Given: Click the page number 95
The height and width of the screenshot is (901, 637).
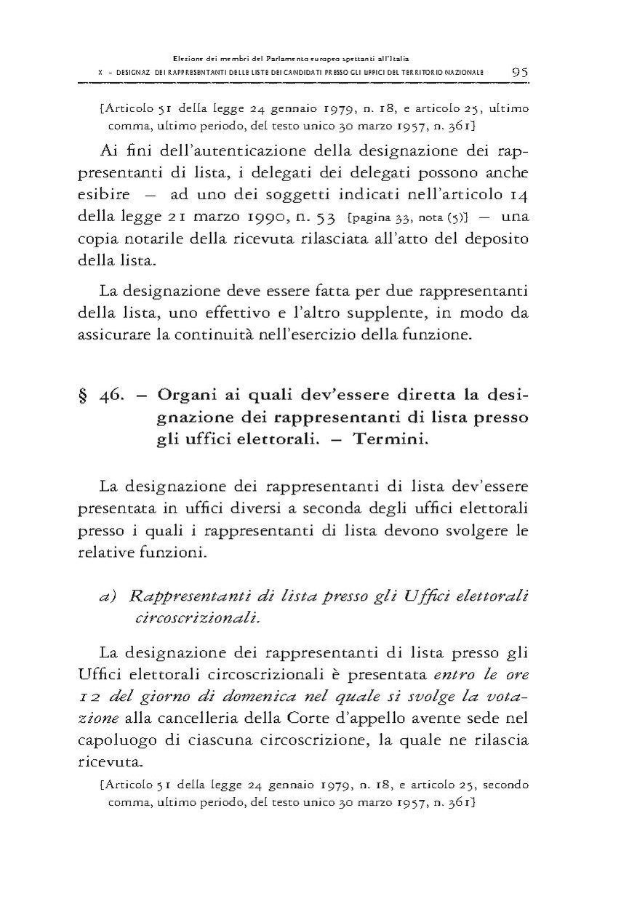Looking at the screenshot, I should point(519,72).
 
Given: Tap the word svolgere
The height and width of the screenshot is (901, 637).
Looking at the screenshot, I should point(475,529).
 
